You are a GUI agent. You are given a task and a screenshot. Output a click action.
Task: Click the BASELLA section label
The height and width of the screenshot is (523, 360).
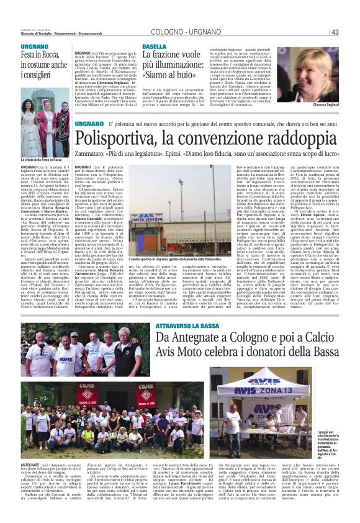[154, 47]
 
